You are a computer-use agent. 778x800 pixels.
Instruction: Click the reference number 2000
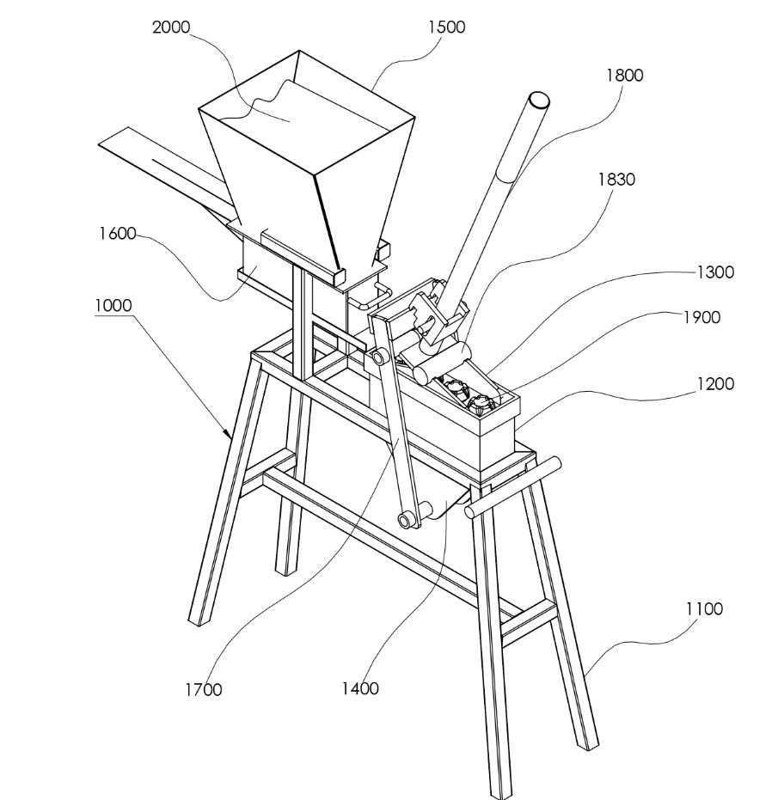pos(171,27)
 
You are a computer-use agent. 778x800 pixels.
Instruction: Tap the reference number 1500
pos(447,27)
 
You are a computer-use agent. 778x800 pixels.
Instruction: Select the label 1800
pos(624,76)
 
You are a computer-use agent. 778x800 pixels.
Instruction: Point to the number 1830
pos(616,180)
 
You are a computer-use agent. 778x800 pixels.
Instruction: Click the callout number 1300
pos(715,272)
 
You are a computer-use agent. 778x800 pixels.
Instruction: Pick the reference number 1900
pos(701,317)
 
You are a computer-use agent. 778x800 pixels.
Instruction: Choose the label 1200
pos(715,383)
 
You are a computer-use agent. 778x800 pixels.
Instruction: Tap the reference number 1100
pos(704,608)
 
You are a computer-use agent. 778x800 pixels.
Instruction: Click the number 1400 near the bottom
pos(360,689)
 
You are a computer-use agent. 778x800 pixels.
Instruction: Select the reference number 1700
pos(203,690)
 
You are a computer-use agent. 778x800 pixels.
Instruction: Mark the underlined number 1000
pos(113,306)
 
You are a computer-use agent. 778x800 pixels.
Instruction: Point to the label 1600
pos(118,234)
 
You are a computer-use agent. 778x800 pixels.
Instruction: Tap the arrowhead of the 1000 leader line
pos(229,433)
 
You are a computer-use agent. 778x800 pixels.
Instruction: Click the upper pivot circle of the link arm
pos(378,356)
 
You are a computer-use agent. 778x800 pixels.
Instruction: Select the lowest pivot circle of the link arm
pos(405,521)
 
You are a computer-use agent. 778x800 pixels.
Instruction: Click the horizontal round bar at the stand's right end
pos(512,487)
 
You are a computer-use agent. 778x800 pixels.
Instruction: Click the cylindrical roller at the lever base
pos(442,363)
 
